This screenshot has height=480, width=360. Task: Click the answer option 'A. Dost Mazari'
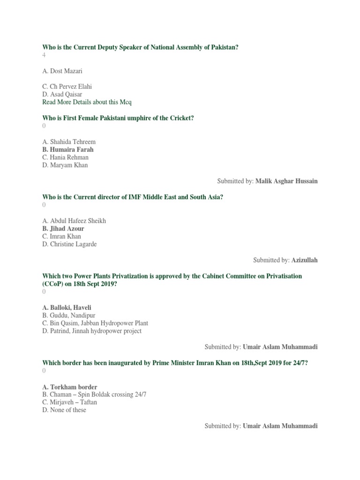[x=62, y=71]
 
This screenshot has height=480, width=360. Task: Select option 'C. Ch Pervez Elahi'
[x=67, y=87]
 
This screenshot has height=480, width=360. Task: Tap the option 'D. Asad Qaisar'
[x=62, y=94]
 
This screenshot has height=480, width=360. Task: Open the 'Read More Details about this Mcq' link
[x=87, y=102]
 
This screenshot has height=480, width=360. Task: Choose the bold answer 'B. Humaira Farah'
[x=68, y=150]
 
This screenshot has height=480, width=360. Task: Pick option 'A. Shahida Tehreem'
[x=69, y=142]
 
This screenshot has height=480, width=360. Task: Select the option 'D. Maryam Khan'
[x=65, y=165]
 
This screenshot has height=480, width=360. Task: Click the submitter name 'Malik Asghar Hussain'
[x=286, y=181]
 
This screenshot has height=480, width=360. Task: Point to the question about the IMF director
[x=133, y=197]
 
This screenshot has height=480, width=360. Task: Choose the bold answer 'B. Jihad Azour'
[x=63, y=229]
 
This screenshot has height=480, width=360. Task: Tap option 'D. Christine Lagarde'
[x=69, y=244]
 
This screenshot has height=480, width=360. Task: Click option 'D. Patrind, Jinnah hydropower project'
[x=92, y=331]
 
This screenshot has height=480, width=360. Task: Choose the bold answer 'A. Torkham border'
[x=70, y=387]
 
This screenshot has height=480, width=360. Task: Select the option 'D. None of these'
[x=64, y=410]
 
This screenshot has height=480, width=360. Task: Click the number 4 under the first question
[x=44, y=55]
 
